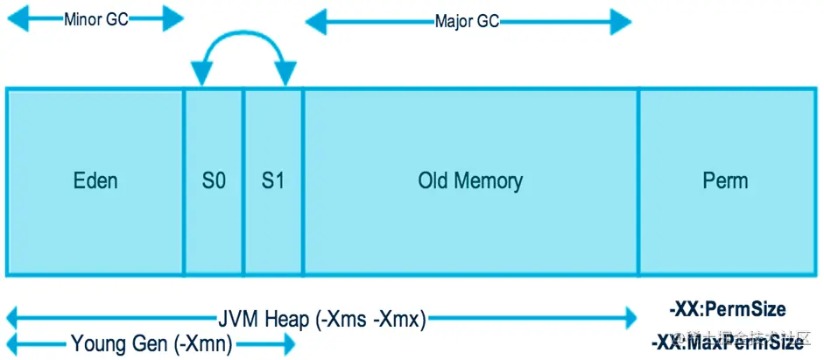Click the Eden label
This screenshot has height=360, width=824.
coord(95,181)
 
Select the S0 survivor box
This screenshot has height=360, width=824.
coord(213,181)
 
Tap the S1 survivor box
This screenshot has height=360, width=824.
coord(273,181)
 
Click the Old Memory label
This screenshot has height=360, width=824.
coord(470,181)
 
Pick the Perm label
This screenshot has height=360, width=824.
coord(725,181)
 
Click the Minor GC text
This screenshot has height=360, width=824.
coord(95,19)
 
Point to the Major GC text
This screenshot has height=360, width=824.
coord(467,21)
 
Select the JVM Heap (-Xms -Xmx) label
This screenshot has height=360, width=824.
coord(321,320)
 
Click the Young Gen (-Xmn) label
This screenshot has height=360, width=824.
coord(151,344)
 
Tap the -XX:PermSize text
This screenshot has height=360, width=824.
coord(727,309)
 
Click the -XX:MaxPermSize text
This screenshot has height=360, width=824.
coord(727,342)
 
